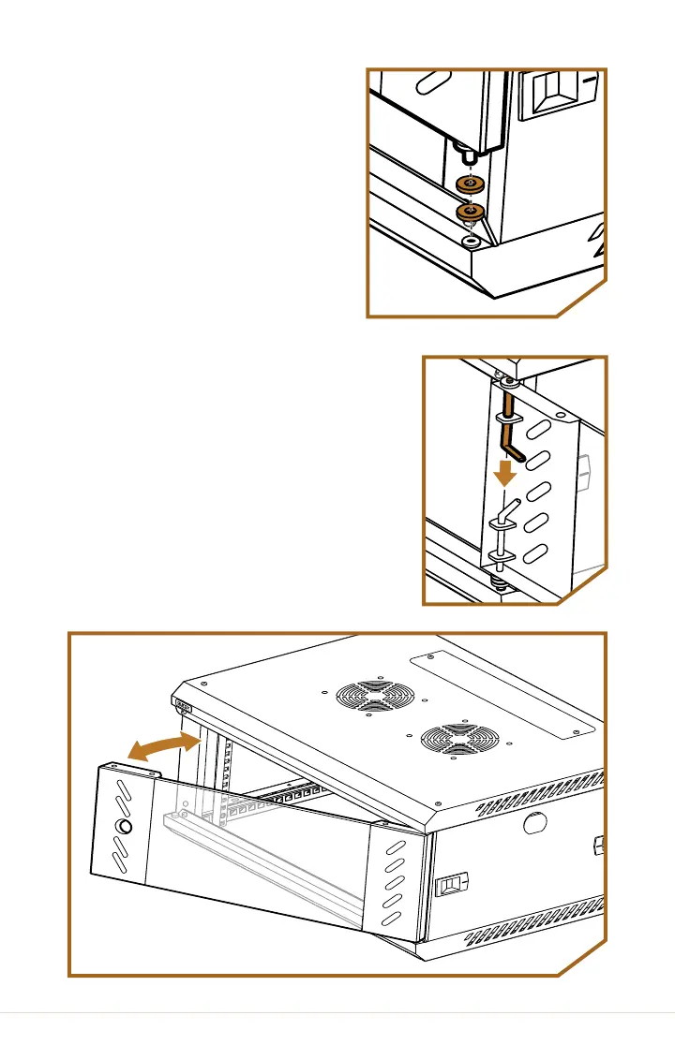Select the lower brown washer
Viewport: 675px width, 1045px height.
[470, 214]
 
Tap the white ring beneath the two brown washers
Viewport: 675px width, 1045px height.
[469, 241]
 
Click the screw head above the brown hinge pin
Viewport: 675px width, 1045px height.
[508, 382]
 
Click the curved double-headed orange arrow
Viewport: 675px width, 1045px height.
[164, 746]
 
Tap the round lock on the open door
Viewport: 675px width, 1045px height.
[123, 827]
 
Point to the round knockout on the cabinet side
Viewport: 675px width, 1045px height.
[532, 822]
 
